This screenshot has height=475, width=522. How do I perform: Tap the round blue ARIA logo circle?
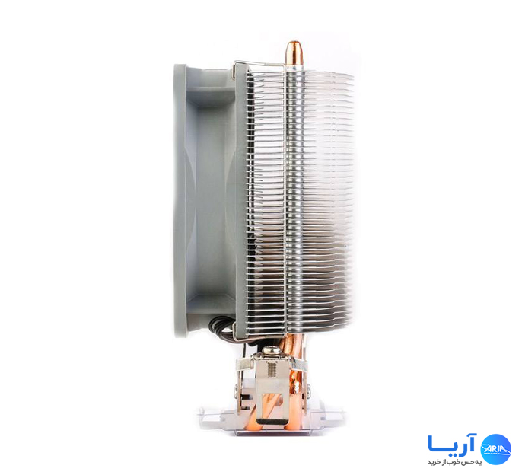496,448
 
